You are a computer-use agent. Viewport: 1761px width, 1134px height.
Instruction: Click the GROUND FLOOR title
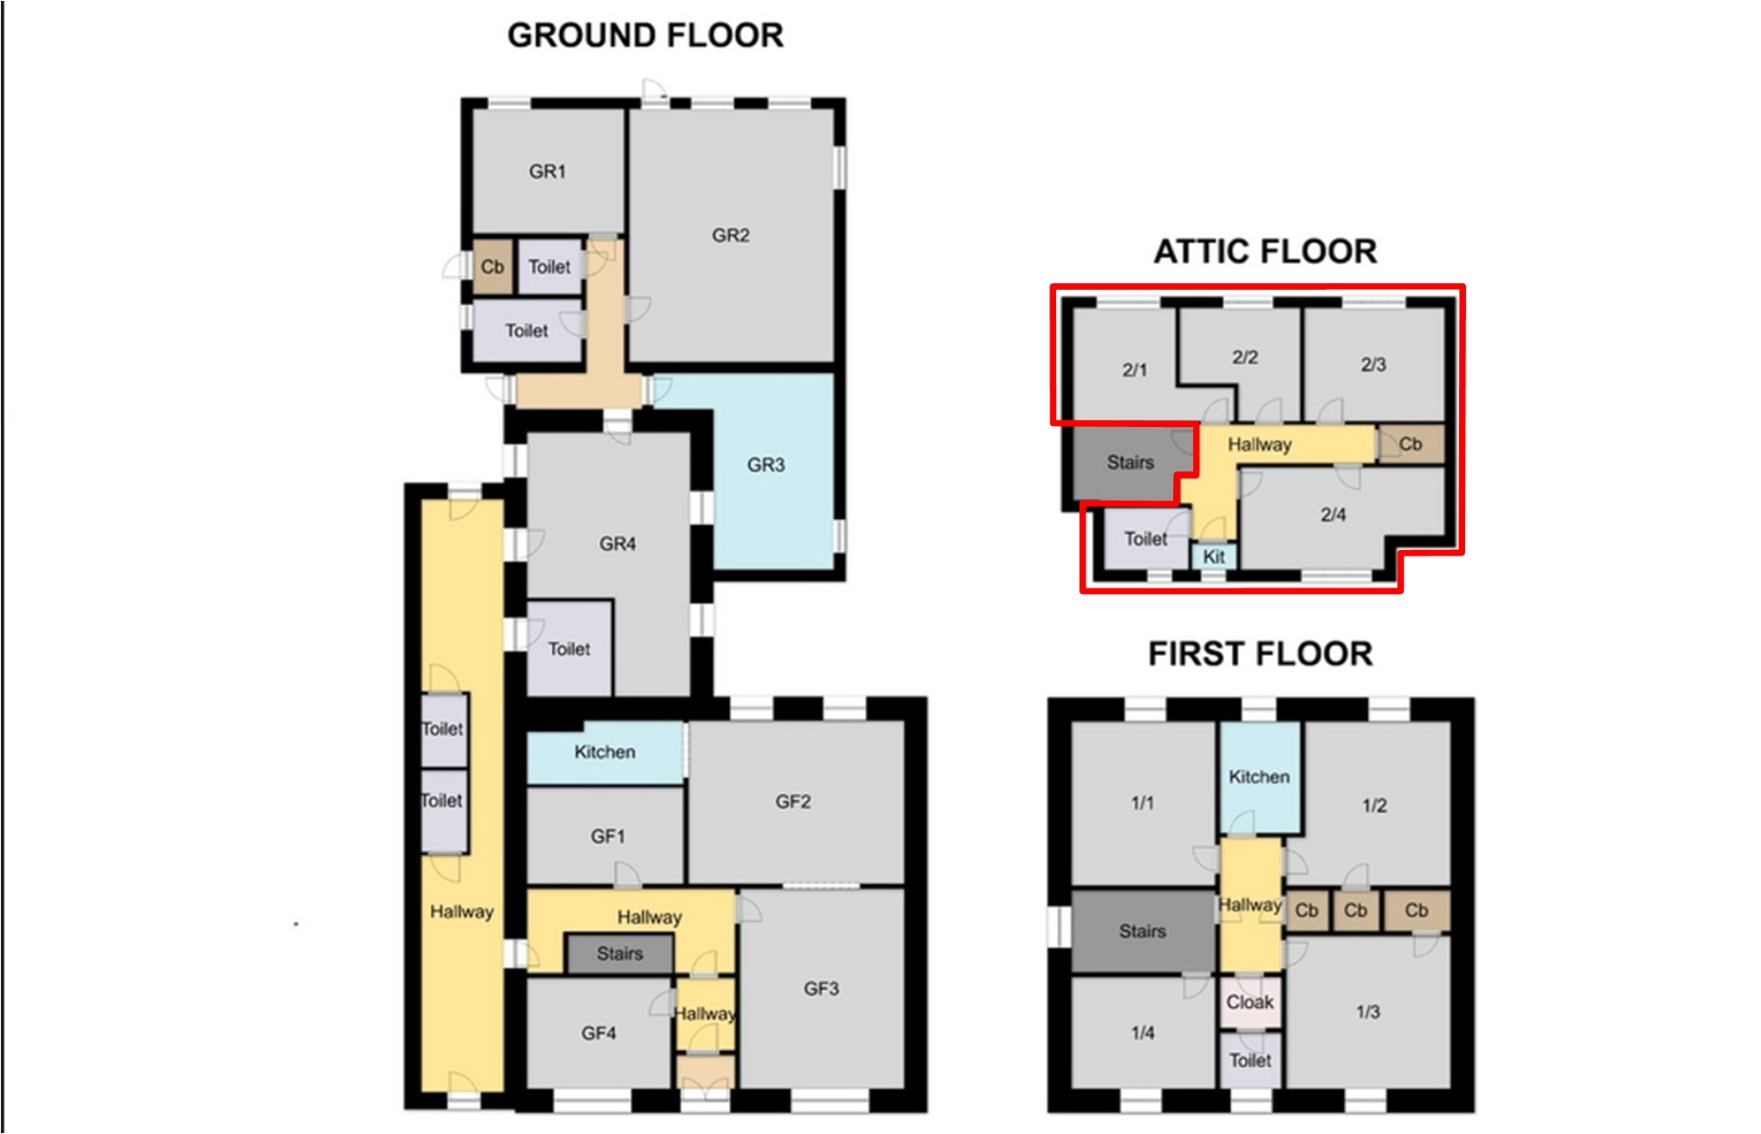(x=646, y=36)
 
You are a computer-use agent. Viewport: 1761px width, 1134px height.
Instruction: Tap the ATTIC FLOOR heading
(x=1265, y=252)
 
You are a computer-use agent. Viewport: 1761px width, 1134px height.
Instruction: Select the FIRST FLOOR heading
(x=1260, y=653)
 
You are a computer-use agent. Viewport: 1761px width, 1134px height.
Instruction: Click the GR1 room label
(x=548, y=171)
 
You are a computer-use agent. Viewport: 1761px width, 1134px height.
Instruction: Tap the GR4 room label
(x=617, y=544)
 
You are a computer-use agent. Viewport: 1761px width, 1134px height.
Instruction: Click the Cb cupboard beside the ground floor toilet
(x=493, y=267)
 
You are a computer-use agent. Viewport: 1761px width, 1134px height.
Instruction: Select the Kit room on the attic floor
(x=1213, y=557)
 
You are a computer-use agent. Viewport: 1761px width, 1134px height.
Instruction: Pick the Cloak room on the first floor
(x=1250, y=1002)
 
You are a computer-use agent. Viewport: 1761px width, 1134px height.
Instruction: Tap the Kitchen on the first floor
(x=1259, y=777)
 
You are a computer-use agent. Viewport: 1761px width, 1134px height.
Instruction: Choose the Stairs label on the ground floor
(x=620, y=953)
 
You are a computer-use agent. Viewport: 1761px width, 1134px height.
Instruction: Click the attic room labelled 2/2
(x=1245, y=357)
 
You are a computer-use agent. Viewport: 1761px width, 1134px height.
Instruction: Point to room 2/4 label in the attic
(x=1333, y=515)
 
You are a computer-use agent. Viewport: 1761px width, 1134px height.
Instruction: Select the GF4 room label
(x=599, y=1034)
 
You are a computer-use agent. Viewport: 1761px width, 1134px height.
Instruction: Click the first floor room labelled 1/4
(x=1142, y=1033)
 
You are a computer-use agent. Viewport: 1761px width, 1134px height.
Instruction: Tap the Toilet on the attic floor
(x=1146, y=539)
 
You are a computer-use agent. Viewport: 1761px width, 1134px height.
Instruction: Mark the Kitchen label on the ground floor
(x=605, y=752)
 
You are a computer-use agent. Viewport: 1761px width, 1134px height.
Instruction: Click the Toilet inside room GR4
(x=569, y=648)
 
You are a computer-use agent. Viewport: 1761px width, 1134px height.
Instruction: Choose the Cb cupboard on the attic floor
(x=1411, y=444)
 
